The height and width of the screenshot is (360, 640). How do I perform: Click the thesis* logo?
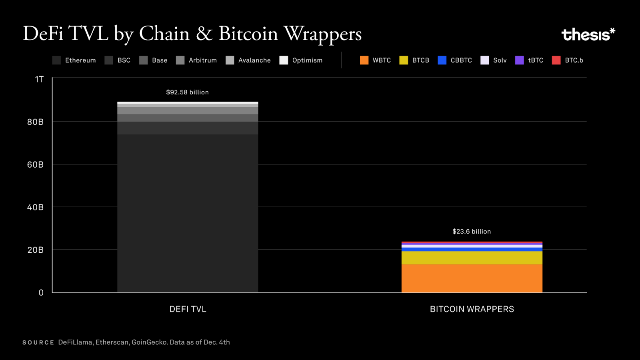588,34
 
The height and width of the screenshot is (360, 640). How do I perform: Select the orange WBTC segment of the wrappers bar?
472,278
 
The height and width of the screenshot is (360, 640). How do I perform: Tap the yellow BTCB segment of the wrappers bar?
472,258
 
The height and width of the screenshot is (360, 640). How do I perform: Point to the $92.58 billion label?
187,92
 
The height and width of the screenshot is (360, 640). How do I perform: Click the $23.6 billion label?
471,232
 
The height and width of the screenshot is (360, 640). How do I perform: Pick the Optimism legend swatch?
284,60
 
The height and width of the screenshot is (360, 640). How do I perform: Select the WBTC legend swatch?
364,60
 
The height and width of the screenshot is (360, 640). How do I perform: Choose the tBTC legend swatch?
519,60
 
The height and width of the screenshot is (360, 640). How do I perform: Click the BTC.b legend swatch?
556,60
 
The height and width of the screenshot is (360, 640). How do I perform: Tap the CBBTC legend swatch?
442,60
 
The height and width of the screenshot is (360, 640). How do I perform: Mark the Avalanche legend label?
254,60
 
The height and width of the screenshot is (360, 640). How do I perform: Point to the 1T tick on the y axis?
39,79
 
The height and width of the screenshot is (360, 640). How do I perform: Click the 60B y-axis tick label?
35,164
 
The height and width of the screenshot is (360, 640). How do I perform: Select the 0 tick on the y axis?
41,292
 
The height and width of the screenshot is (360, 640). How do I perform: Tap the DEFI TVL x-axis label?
188,309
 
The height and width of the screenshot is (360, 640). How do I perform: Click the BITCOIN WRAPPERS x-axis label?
472,309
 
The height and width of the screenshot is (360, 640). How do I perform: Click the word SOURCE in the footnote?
38,342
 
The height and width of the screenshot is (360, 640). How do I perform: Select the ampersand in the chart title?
204,34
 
